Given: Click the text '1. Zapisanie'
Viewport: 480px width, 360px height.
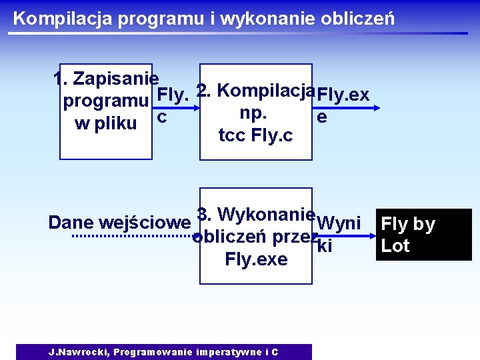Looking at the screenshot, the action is point(105,79).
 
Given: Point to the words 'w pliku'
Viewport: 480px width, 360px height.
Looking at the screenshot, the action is point(106,123).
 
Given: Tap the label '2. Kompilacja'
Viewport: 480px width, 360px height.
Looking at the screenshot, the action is point(256,91).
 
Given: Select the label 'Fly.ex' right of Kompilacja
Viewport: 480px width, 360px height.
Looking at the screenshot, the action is point(343,95).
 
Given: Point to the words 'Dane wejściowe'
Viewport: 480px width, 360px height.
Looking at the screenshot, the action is point(119,223).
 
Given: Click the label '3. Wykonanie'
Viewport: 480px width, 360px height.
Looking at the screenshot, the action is point(256,215).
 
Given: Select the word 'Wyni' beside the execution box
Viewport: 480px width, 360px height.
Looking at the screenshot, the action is point(339,222).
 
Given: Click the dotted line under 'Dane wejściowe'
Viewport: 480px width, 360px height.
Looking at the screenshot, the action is point(132,236).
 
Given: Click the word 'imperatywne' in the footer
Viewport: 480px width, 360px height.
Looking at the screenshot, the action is point(227,352).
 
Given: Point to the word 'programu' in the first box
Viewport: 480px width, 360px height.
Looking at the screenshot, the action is point(105,101).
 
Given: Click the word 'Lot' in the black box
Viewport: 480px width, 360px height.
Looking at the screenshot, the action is point(395,246).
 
